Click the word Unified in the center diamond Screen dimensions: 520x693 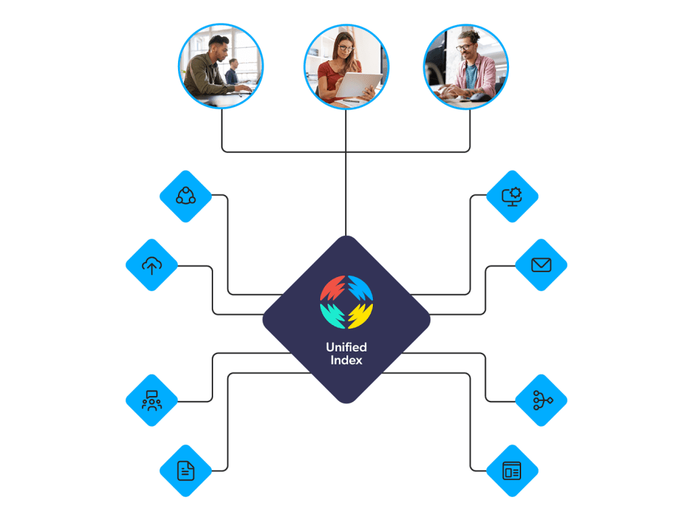pos(346,347)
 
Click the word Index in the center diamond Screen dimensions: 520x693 pos(346,361)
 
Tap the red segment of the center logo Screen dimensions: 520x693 pos(332,288)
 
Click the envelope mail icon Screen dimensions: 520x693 pos(541,265)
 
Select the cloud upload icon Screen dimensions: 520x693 pos(152,265)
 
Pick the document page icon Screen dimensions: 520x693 pos(185,470)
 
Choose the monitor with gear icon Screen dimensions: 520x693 pos(512,196)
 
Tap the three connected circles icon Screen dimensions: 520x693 pos(185,196)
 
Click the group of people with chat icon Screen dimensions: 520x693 pos(152,400)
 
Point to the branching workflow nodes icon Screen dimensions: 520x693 pos(541,400)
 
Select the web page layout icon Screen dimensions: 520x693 pos(512,470)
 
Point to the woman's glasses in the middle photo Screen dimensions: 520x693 pos(346,48)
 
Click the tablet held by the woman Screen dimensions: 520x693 pos(357,85)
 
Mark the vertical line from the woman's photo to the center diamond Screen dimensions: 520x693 pos(346,176)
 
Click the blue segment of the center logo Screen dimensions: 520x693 pos(360,288)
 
